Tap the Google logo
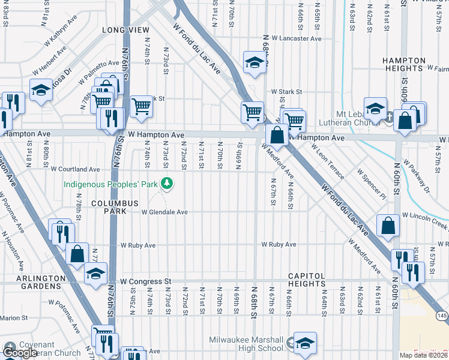tap(20, 353)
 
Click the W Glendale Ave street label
tap(164, 212)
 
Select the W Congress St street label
tap(146, 281)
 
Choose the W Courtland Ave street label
tap(75, 169)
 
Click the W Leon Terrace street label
tap(328, 166)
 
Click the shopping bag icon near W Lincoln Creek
tap(388, 226)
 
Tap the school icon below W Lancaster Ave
tap(254, 61)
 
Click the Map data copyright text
tap(423, 355)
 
